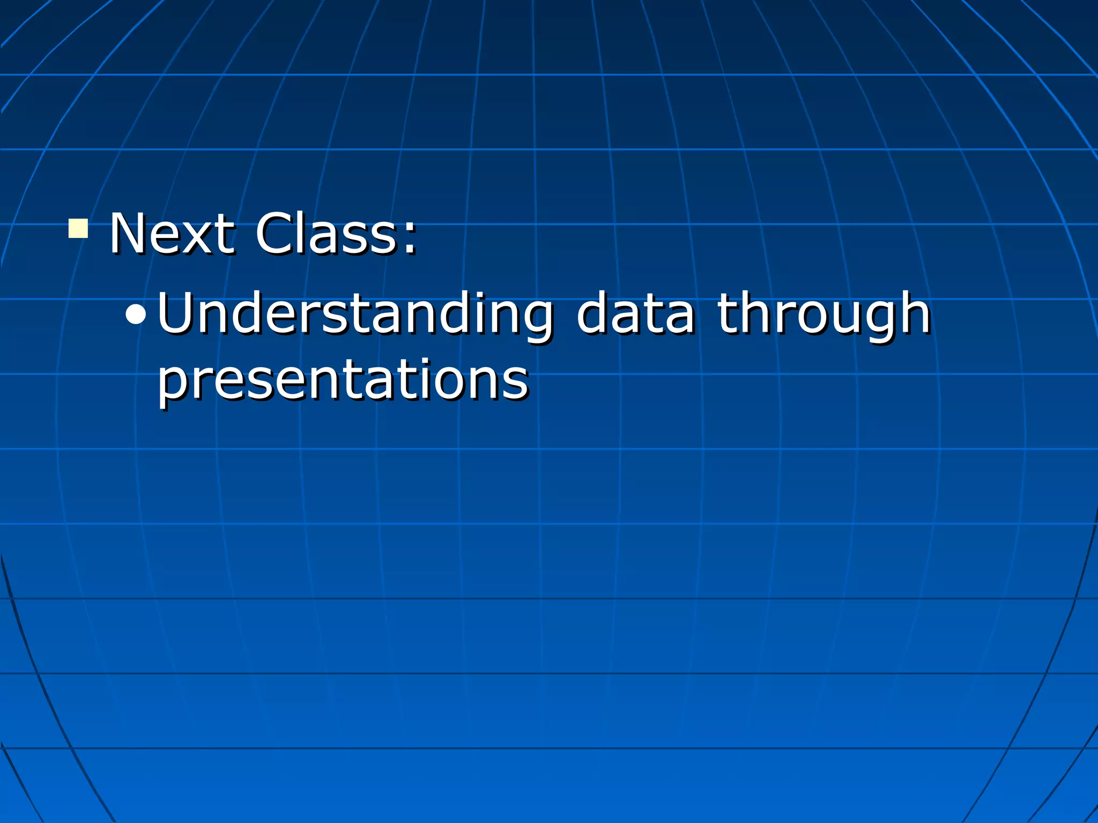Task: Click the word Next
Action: (x=172, y=234)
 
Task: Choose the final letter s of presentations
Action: (x=518, y=381)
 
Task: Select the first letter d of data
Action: (x=592, y=314)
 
